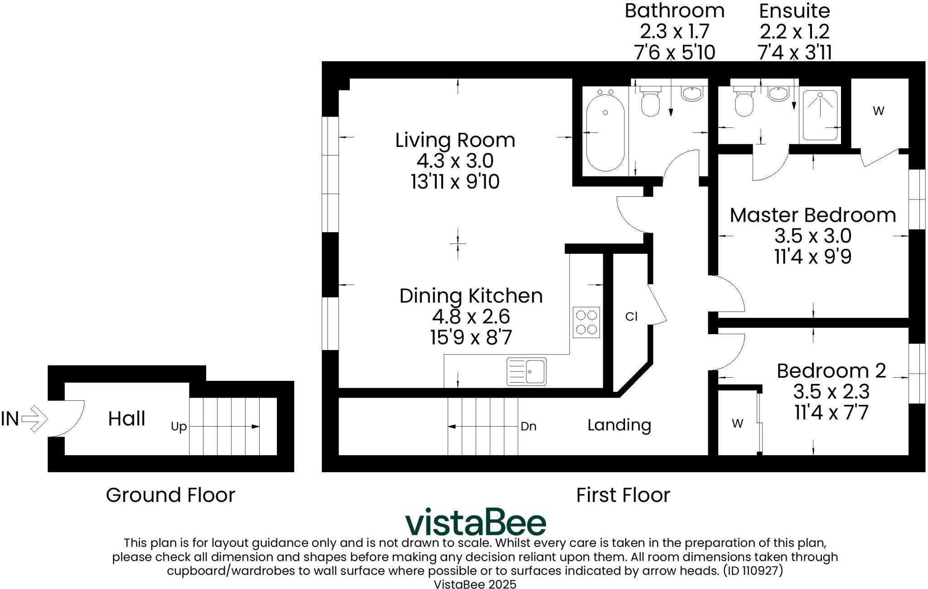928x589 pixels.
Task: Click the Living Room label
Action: point(455,140)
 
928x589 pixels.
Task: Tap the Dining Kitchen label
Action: point(471,296)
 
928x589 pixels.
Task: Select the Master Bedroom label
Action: point(813,215)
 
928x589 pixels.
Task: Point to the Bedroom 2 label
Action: point(831,370)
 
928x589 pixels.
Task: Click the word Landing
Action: point(619,425)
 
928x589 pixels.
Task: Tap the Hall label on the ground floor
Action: point(126,419)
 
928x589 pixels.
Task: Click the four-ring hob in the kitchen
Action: point(586,322)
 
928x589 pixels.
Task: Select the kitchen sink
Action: point(527,371)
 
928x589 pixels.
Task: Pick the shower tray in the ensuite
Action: point(820,115)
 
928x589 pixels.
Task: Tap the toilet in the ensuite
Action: point(744,100)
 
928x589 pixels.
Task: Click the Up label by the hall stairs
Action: point(179,427)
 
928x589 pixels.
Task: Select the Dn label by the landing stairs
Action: point(528,426)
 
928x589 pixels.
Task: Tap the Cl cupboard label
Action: point(631,316)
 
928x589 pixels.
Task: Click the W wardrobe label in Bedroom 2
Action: point(737,423)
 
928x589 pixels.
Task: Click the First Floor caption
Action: point(623,495)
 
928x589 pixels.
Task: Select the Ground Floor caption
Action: point(170,495)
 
